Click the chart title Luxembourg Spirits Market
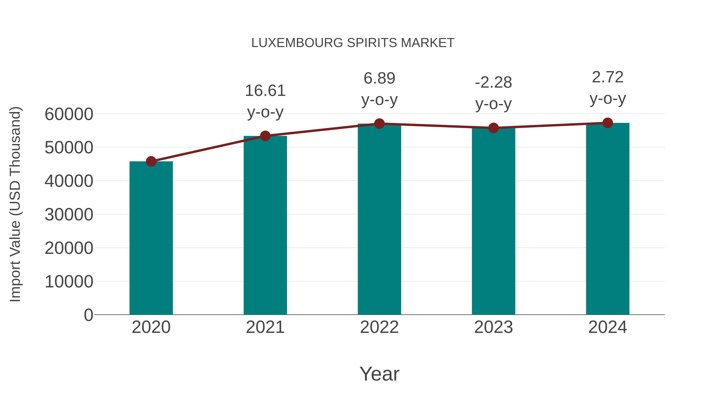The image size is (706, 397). (x=353, y=43)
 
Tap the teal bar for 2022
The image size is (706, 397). (x=379, y=219)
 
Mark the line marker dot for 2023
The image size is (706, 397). (x=493, y=128)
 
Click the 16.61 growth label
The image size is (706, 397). (x=265, y=91)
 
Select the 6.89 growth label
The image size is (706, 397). (x=379, y=78)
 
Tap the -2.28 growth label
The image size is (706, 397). (x=493, y=83)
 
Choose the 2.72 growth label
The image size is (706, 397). (x=608, y=77)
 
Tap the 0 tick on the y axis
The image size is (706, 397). (x=88, y=315)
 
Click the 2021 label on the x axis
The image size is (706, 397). (x=265, y=327)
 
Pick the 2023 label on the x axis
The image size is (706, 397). (x=493, y=327)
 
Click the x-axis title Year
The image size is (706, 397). (x=379, y=374)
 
